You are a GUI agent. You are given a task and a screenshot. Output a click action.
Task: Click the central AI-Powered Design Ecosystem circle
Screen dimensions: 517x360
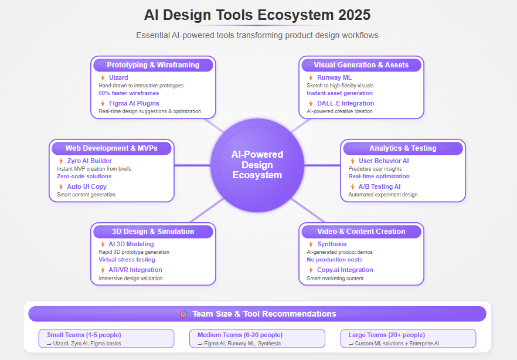click(257, 165)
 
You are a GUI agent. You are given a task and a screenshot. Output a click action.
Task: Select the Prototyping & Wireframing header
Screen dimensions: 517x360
click(153, 65)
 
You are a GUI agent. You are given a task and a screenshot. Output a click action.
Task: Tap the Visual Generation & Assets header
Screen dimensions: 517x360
click(361, 65)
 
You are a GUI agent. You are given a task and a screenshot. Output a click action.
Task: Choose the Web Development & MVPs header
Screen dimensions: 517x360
click(111, 148)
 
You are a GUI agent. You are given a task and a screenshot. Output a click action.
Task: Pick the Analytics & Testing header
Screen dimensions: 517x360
click(403, 148)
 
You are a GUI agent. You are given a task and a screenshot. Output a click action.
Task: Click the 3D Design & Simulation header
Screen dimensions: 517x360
click(153, 232)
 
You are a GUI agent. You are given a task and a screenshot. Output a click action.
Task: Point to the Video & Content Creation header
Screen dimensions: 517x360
click(361, 232)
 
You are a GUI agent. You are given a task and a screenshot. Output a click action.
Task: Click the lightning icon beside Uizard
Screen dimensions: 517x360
click(103, 77)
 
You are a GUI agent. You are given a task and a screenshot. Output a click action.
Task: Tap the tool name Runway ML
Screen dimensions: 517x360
click(334, 77)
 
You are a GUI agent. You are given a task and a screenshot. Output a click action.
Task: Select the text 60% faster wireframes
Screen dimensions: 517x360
click(128, 93)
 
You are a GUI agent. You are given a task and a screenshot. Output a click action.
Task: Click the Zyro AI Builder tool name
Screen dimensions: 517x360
click(89, 161)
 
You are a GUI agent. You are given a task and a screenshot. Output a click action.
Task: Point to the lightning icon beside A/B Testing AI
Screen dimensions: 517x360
click(352, 186)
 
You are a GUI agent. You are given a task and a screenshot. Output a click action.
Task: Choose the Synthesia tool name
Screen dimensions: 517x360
click(332, 244)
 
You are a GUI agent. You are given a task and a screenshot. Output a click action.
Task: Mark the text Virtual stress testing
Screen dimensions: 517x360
click(127, 260)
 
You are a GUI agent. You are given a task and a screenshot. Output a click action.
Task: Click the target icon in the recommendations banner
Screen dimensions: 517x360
click(183, 314)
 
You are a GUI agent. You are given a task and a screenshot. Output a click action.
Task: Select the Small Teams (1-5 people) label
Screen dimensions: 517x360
click(84, 335)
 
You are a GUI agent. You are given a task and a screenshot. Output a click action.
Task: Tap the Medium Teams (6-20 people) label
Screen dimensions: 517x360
click(240, 335)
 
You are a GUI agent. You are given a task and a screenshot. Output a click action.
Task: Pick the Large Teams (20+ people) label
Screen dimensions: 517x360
click(387, 335)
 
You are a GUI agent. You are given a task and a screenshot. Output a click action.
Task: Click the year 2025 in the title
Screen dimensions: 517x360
click(355, 15)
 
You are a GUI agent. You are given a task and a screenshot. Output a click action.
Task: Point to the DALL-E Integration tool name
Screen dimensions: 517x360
click(346, 104)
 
